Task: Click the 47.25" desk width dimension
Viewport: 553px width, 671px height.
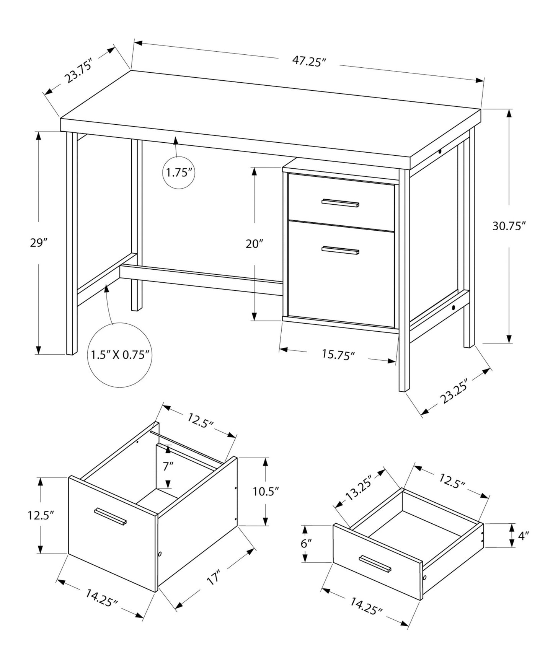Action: coord(309,62)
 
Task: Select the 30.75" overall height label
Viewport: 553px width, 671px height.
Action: coord(507,226)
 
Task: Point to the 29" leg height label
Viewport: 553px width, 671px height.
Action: coord(38,243)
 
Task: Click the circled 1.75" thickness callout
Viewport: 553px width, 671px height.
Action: coord(178,173)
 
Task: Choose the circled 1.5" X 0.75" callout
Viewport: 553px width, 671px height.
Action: coord(119,355)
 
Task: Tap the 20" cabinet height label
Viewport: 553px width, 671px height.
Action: coord(254,244)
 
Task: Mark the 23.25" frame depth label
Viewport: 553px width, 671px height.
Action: coord(455,393)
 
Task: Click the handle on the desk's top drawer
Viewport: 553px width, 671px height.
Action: coord(340,203)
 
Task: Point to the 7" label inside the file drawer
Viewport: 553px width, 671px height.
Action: coord(168,466)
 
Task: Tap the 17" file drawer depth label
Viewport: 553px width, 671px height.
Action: coord(214,578)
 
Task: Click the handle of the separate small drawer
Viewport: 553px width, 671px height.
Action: coord(375,564)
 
